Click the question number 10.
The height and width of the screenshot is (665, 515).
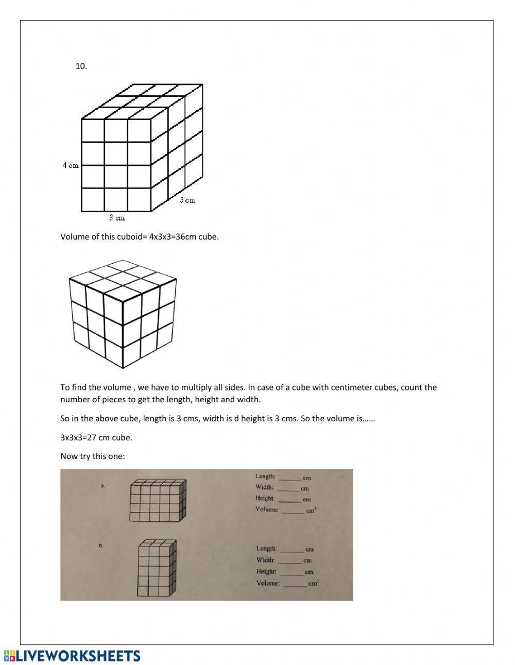point(81,66)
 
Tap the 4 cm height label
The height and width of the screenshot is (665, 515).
point(71,165)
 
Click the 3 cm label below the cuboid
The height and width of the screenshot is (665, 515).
point(117,218)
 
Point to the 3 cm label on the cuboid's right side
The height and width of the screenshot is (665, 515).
point(187,200)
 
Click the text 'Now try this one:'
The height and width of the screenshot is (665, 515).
point(93,456)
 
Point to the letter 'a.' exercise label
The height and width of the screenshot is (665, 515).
point(103,485)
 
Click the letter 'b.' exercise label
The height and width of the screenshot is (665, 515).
point(101,545)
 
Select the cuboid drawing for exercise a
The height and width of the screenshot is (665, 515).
point(157,500)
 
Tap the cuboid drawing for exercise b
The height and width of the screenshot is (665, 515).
point(157,569)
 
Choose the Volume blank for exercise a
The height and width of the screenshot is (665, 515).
point(293,511)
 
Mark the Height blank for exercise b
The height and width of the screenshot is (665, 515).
point(291,572)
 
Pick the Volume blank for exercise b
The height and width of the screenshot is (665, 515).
point(295,584)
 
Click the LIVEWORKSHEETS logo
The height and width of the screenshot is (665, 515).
point(72,655)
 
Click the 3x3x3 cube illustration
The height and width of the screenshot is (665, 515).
point(123,314)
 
